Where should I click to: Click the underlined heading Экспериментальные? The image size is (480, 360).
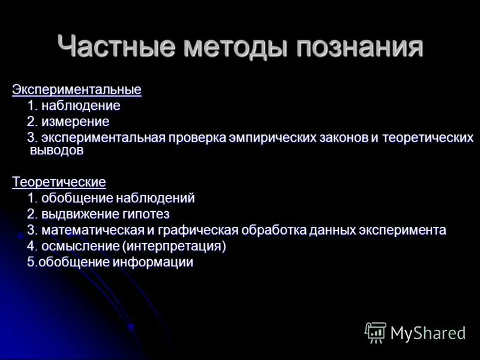(77, 90)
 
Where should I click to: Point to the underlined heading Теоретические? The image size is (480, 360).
(59, 182)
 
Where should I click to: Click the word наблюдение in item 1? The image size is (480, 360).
(81, 106)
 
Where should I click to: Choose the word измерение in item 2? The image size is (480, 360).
(76, 122)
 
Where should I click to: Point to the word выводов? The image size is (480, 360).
(56, 151)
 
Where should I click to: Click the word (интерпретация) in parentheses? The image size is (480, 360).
(174, 246)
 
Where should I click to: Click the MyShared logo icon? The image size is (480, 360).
(376, 332)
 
